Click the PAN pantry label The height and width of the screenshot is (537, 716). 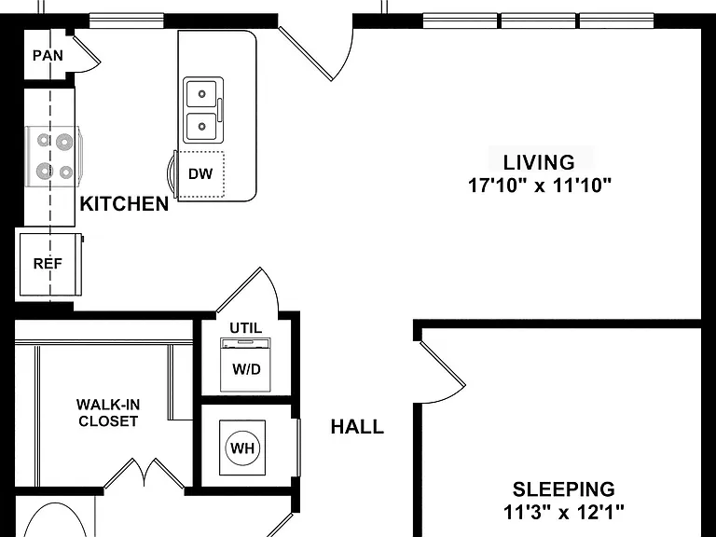[x=48, y=56]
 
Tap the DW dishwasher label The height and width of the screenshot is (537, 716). [x=200, y=174]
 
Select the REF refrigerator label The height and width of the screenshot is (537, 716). [x=48, y=264]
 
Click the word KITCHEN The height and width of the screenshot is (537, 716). [x=124, y=203]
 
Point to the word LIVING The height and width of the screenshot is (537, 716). [x=539, y=162]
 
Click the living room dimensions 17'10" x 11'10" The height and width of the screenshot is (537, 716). [x=539, y=186]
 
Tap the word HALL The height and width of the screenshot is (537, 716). [x=357, y=427]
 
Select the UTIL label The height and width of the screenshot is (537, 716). [x=246, y=328]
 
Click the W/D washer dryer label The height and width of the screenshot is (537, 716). [x=246, y=369]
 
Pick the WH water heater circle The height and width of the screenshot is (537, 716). [x=242, y=447]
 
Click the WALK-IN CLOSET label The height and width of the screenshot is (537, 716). [x=108, y=413]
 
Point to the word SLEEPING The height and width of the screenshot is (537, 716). [x=563, y=489]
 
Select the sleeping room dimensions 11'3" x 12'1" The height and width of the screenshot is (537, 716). [x=563, y=512]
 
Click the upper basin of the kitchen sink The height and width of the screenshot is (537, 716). [x=201, y=94]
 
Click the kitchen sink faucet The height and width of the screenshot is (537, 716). [x=220, y=110]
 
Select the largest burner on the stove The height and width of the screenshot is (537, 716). [x=64, y=143]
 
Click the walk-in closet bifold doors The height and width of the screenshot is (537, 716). [x=145, y=473]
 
